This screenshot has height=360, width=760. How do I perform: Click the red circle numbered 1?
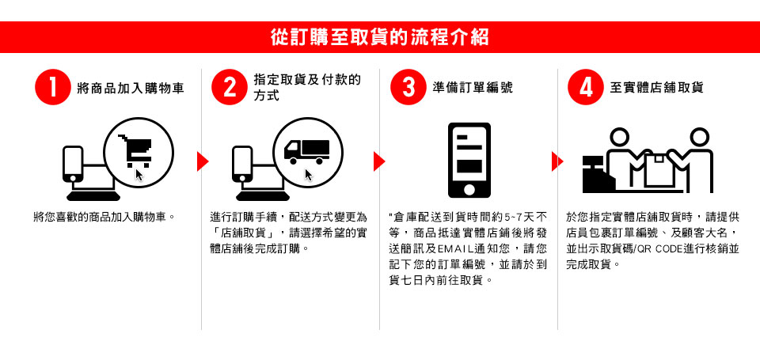pyautogui.click(x=53, y=87)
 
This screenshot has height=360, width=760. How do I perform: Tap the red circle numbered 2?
pyautogui.click(x=230, y=87)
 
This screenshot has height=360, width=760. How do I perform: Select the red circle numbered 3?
pyautogui.click(x=408, y=87)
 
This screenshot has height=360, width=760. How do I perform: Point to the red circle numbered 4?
pyautogui.click(x=586, y=87)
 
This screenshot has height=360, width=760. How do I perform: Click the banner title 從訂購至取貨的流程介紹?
pyautogui.click(x=379, y=37)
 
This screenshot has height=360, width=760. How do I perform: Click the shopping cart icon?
pyautogui.click(x=135, y=150)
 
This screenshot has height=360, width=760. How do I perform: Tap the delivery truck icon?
pyautogui.click(x=307, y=152)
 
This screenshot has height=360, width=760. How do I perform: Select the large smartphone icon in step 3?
pyautogui.click(x=469, y=161)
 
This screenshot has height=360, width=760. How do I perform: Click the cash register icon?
pyautogui.click(x=598, y=174)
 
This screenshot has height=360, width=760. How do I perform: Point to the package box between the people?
pyautogui.click(x=658, y=171)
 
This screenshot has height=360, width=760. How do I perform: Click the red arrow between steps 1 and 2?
pyautogui.click(x=203, y=161)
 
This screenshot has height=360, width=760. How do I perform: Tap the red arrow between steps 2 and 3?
pyautogui.click(x=379, y=161)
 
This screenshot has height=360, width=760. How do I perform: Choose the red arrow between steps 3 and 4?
pyautogui.click(x=557, y=161)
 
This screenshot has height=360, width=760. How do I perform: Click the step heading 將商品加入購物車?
pyautogui.click(x=131, y=88)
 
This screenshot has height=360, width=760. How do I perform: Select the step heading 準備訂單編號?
pyautogui.click(x=472, y=88)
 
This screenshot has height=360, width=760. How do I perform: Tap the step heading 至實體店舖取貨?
pyautogui.click(x=656, y=88)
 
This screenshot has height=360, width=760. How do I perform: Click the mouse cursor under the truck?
pyautogui.click(x=309, y=175)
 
